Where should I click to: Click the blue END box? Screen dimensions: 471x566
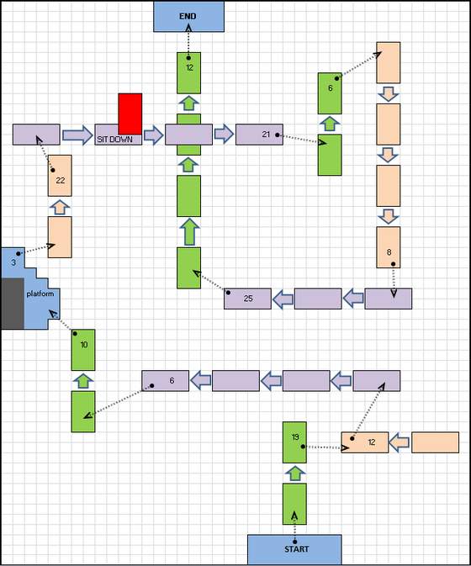[x=188, y=16]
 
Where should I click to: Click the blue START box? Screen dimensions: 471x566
[x=294, y=549]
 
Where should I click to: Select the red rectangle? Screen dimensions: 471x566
[x=130, y=114]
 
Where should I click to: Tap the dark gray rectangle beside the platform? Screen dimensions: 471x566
[x=13, y=304]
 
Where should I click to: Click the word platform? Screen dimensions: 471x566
[x=40, y=294]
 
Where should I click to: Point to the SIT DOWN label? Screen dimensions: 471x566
[x=114, y=140]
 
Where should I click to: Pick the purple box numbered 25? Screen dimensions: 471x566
[x=247, y=299]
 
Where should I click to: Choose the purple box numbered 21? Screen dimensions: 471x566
[x=259, y=135]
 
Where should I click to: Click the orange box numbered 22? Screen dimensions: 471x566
[x=60, y=176]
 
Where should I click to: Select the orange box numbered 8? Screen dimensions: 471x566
[x=389, y=247]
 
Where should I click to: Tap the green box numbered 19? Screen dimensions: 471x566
[x=294, y=442]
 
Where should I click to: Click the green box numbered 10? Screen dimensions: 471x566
[x=83, y=350]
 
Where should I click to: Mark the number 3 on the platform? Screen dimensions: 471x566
[x=13, y=262]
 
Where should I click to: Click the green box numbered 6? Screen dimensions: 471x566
[x=330, y=93]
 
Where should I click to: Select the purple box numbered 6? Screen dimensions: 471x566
[x=166, y=380]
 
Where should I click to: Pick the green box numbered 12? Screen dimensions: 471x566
[x=188, y=73]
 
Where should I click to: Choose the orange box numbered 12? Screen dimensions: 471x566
[x=365, y=442]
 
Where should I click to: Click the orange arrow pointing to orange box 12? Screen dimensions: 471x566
[x=400, y=442]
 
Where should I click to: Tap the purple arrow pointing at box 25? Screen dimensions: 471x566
[x=283, y=299]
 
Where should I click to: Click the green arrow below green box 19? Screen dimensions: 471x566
[x=295, y=473]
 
